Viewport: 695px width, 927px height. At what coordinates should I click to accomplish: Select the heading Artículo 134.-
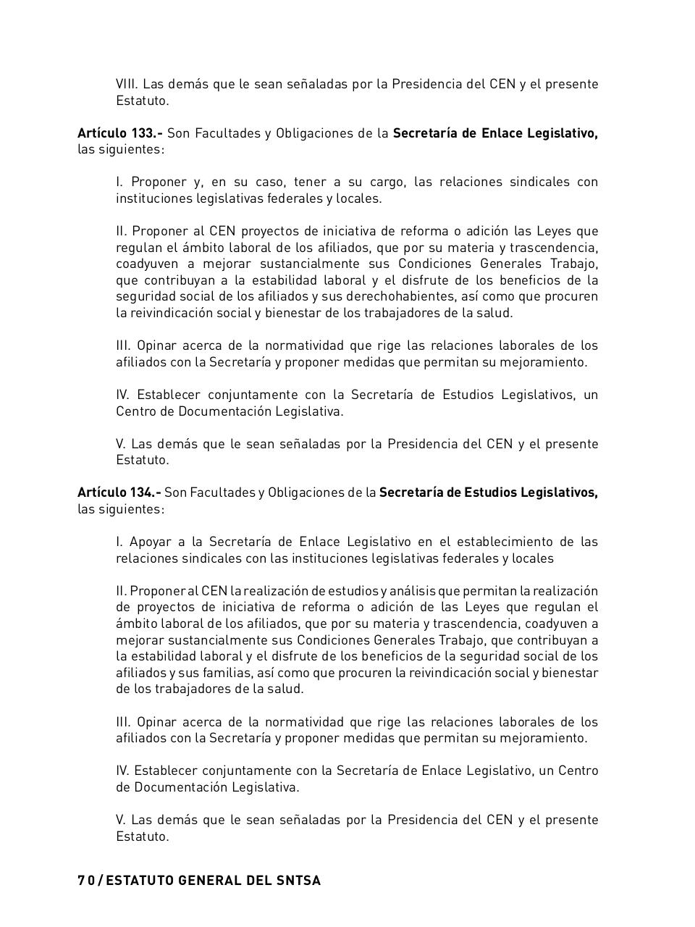click(x=119, y=492)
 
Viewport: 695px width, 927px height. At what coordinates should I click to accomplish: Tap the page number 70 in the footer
click(x=85, y=881)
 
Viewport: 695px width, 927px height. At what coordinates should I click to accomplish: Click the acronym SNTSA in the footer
click(x=298, y=881)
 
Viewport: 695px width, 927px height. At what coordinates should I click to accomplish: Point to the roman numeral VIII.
click(x=127, y=84)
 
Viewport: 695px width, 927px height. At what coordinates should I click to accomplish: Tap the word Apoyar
click(x=149, y=542)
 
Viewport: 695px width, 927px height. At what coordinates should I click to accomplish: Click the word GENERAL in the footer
click(x=209, y=881)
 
